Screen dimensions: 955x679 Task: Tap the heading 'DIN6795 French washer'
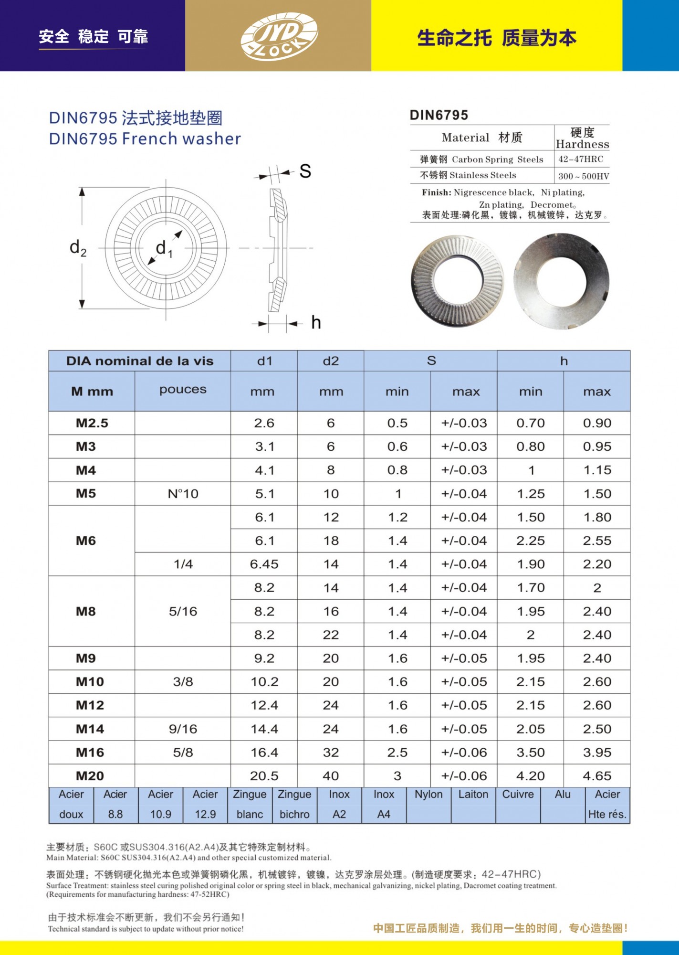point(145,139)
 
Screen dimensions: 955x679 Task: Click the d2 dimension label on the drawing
point(78,248)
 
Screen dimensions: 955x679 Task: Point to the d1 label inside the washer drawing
point(164,248)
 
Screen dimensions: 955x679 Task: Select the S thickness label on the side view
point(305,171)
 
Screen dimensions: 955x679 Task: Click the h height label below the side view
point(316,323)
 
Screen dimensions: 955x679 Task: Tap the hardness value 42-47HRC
point(581,159)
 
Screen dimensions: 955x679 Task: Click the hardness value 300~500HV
point(583,176)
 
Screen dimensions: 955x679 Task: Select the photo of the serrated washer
point(457,281)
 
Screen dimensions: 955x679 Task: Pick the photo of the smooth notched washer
point(561,281)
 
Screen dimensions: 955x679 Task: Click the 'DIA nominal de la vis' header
point(139,361)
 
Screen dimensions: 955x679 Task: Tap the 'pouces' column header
point(183,390)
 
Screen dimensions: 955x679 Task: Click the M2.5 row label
point(92,423)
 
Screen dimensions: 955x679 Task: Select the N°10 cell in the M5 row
point(183,494)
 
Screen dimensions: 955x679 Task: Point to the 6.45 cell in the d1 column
point(264,564)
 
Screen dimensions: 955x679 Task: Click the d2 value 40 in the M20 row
point(331,776)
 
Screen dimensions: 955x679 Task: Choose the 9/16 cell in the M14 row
point(183,729)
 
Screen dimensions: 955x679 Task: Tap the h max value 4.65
point(597,776)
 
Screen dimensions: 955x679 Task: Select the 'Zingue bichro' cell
point(294,805)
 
